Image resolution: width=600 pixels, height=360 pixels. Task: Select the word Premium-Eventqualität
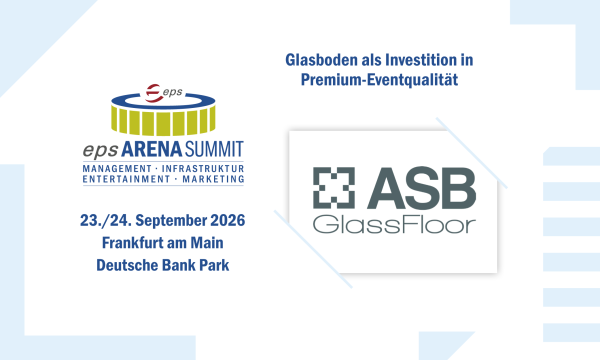pos(379,80)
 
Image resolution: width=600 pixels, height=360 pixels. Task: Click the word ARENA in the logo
pos(152,150)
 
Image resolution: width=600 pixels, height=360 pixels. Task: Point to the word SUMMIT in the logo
pos(214,150)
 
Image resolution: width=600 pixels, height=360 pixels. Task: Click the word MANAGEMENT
pos(117,169)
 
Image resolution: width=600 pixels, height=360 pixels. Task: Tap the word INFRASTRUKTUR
pos(203,169)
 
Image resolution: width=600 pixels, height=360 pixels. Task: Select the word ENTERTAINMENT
pos(126,179)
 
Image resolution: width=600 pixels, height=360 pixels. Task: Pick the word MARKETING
pos(213,179)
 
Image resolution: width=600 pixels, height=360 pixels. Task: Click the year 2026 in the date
pos(228,220)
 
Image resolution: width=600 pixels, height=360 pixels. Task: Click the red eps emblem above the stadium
pos(153,93)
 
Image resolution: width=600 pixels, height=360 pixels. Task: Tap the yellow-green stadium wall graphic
pos(163,120)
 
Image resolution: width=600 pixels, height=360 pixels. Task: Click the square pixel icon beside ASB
pos(334,188)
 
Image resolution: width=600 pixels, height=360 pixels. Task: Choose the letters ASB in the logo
pos(421,188)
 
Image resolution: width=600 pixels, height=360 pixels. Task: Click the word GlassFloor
pos(394,225)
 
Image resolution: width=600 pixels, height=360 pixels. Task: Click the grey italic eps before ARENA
pos(100,150)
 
